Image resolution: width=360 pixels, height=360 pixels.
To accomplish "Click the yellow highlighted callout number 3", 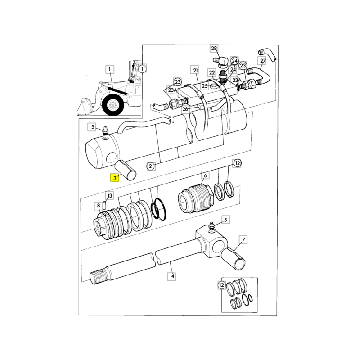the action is click(115, 178).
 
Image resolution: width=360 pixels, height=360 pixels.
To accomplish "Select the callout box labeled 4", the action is click(172, 276).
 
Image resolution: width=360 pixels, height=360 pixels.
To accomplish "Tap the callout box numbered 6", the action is click(205, 175).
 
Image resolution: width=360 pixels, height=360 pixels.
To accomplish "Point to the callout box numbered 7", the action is click(243, 240).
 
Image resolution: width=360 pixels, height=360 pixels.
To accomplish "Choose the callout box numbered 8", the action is click(99, 206).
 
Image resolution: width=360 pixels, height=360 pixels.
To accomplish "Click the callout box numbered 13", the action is click(110, 195).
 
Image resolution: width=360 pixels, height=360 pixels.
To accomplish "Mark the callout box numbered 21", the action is click(195, 70).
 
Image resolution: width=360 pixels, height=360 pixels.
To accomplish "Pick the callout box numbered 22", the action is click(212, 72).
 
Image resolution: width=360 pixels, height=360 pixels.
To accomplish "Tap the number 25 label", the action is click(205, 86).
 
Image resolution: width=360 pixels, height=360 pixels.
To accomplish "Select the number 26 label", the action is click(185, 109).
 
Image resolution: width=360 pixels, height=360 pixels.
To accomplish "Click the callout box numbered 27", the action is click(263, 61).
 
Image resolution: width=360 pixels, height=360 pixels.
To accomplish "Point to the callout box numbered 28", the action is click(214, 49).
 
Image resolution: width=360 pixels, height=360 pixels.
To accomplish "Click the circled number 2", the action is click(150, 166).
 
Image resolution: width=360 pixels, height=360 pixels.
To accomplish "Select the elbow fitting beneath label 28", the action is click(220, 62).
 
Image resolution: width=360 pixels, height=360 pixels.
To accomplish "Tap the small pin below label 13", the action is click(105, 205).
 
